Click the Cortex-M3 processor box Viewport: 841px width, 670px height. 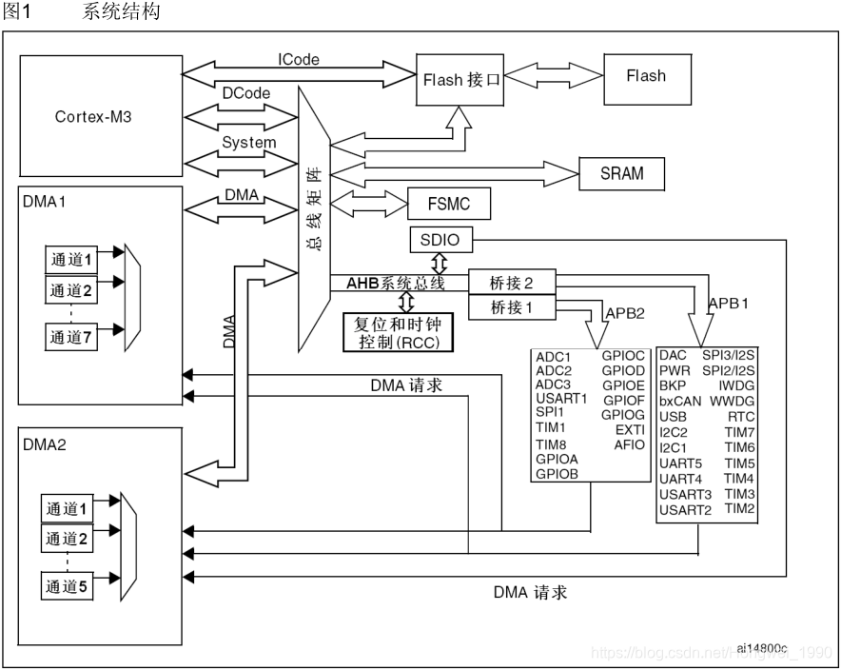coord(101,115)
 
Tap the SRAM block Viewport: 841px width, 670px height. coord(621,173)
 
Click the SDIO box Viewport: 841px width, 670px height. coord(440,240)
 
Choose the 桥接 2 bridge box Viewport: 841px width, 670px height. coord(512,283)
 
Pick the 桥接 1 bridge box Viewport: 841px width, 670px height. coord(512,307)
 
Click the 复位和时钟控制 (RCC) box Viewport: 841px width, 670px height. coord(398,332)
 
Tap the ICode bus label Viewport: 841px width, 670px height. coord(298,60)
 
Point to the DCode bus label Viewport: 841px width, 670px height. coord(245,93)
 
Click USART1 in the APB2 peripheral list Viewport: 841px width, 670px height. coord(561,399)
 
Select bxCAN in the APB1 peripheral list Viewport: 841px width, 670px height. coord(679,402)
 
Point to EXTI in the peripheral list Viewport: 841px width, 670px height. coord(630,430)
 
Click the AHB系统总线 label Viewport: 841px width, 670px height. coord(396,283)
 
